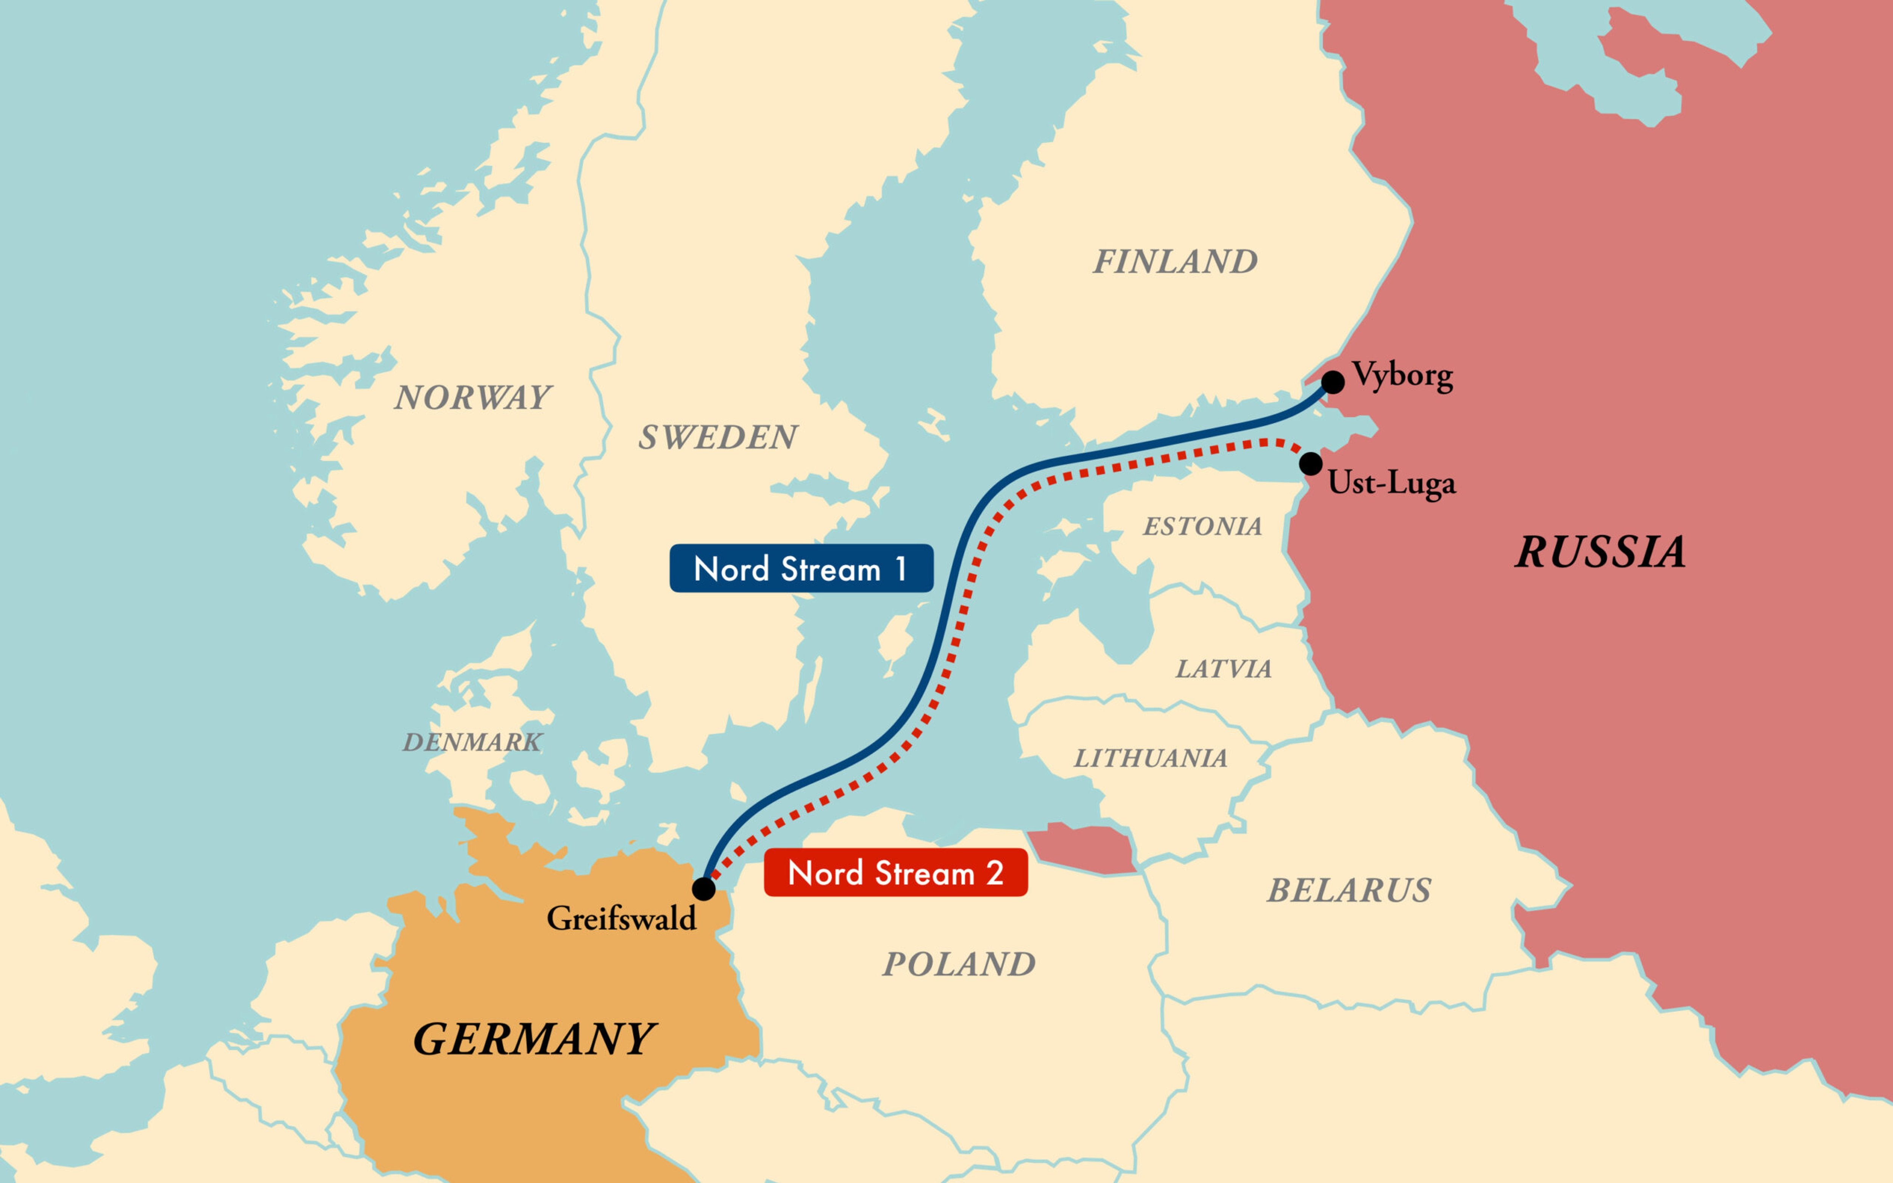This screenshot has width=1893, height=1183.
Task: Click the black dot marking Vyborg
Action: tap(1333, 382)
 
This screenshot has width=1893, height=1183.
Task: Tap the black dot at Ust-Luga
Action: tap(1311, 463)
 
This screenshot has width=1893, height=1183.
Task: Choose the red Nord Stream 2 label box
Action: tap(896, 872)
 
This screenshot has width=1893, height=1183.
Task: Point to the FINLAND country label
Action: tap(1175, 261)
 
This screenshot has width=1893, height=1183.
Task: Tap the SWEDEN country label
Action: tap(718, 436)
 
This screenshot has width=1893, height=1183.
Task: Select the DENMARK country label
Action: tap(472, 742)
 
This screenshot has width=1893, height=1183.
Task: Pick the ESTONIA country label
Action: tap(1202, 526)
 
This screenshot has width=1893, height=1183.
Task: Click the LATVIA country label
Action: tap(1223, 669)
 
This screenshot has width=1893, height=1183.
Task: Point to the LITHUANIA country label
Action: tap(1150, 757)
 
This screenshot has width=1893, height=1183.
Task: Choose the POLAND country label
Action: tap(959, 964)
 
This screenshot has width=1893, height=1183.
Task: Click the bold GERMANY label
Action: tap(534, 1039)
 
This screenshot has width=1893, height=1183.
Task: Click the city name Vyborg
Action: tap(1403, 375)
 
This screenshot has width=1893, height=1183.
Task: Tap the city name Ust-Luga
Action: tap(1392, 483)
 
